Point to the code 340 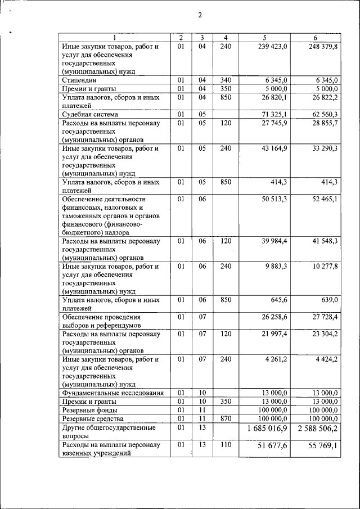click(226, 80)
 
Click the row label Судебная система click(90, 114)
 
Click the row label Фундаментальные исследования click(113, 393)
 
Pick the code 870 click(226, 418)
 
